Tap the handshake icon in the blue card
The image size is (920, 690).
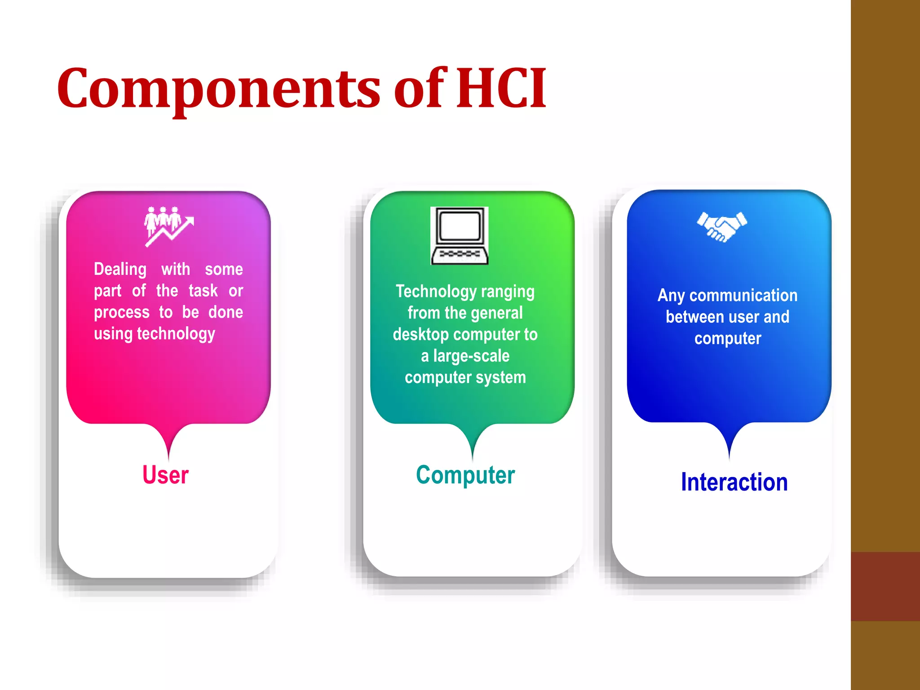[x=722, y=226]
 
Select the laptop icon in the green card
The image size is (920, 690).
[x=459, y=235]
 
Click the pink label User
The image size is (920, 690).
[x=165, y=475]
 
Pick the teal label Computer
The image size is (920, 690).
[x=465, y=475]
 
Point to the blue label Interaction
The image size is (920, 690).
[x=734, y=482]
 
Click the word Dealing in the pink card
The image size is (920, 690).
[x=120, y=269]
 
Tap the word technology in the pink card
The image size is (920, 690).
[x=176, y=334]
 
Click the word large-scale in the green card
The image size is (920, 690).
[x=471, y=356]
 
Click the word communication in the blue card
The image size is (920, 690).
[x=743, y=296]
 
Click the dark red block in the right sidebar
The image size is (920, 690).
[x=885, y=586]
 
